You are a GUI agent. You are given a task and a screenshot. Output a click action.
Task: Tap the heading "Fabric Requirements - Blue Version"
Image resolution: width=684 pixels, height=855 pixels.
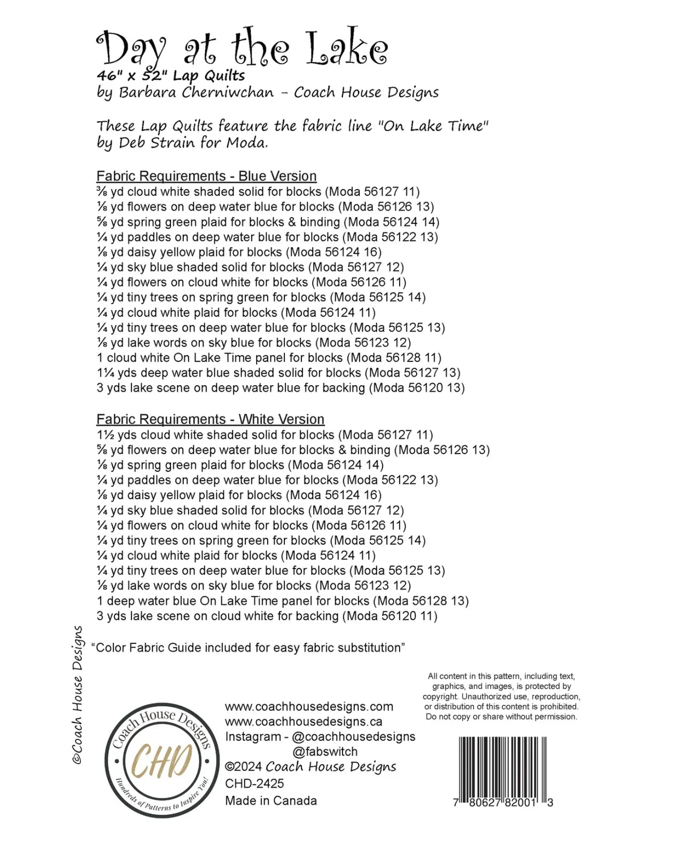tap(206, 176)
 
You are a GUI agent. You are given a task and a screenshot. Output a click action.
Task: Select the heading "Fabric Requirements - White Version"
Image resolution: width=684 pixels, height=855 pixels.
tap(210, 419)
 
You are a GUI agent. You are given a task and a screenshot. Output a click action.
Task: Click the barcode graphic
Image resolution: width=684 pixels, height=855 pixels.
tap(502, 767)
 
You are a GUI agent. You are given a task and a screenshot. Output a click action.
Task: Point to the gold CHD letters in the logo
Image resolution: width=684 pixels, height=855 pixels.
tap(161, 760)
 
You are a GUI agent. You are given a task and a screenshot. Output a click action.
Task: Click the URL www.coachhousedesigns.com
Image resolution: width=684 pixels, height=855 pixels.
tap(309, 706)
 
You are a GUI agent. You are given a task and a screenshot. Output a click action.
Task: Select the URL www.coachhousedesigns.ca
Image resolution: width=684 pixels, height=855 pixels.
tap(304, 721)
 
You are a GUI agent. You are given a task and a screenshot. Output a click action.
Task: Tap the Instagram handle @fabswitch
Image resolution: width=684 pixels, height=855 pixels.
tap(325, 751)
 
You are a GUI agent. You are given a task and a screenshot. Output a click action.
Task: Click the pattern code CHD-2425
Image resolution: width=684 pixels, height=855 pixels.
tap(254, 783)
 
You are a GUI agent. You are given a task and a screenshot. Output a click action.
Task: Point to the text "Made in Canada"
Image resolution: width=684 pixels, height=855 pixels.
tap(271, 800)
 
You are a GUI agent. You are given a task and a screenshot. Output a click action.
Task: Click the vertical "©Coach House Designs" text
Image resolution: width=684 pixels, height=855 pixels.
tap(78, 695)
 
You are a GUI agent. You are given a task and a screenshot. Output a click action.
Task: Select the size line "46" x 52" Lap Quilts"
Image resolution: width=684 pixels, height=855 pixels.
tap(171, 76)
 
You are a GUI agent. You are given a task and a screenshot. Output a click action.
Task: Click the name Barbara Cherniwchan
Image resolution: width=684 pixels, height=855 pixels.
tap(196, 92)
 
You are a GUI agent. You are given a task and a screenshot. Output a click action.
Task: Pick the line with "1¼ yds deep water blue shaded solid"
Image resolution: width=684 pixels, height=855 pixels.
tap(278, 372)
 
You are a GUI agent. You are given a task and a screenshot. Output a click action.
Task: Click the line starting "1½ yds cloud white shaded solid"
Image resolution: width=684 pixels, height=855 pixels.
tap(265, 435)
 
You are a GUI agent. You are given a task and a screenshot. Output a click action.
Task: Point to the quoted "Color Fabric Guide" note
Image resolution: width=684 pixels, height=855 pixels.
tap(248, 648)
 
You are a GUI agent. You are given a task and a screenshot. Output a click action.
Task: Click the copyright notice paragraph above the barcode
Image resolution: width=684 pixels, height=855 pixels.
tap(501, 696)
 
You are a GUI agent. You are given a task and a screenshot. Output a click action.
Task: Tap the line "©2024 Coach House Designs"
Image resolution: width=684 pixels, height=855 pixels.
tap(310, 767)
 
